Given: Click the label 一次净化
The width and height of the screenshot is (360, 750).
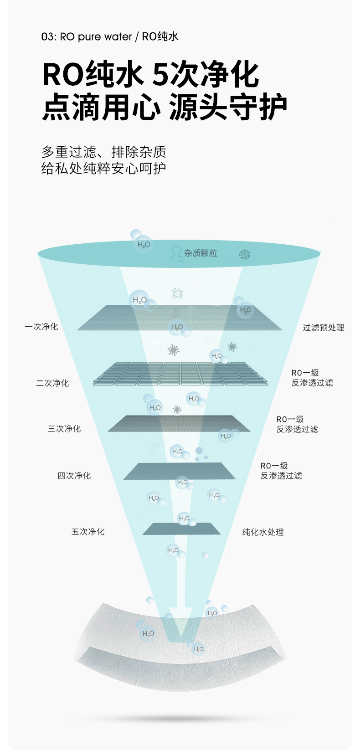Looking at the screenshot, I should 41,327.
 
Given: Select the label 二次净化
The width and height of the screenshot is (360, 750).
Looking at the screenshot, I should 52,383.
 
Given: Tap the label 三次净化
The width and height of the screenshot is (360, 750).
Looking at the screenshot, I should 64,429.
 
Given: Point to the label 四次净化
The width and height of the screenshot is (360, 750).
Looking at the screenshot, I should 74,476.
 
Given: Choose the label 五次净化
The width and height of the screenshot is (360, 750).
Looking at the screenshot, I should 88,532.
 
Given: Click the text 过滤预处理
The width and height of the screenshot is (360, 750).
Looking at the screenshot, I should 324,328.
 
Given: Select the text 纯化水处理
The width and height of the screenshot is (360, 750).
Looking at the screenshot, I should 263,532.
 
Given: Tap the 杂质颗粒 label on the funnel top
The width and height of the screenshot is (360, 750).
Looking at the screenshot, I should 201,253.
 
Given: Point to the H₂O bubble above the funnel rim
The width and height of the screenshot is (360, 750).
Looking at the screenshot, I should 143,244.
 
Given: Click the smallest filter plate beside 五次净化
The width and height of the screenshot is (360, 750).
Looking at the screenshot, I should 181,529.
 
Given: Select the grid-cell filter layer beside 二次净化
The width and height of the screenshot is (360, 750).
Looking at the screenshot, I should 180,374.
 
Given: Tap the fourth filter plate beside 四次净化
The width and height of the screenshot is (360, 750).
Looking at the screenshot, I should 180,471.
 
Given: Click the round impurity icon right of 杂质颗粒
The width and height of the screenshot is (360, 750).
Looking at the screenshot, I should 245,255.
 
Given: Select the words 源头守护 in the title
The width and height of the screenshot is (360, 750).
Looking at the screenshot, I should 228,108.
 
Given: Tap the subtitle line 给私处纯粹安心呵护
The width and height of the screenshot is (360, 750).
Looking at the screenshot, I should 103,168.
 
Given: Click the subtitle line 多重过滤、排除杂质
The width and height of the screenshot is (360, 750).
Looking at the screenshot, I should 103,152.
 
